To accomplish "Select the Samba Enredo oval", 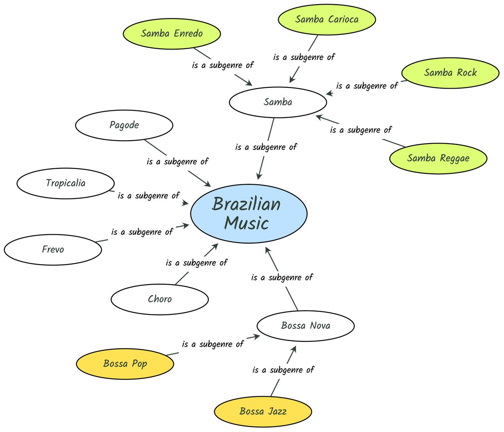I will coord(171,34).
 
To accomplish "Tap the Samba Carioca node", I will coord(326,19).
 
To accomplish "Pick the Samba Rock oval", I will coord(450,73).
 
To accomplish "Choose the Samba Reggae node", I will coord(438,158).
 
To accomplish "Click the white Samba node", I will coord(278,102).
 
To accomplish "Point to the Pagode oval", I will coord(124,125).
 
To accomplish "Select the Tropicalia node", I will coord(66,183).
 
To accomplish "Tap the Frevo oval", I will coord(53,249).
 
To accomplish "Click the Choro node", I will coord(160,299).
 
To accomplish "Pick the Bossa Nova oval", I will coord(305,326).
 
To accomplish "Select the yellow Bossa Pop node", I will coord(125,364).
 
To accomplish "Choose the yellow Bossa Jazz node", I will coord(263,411).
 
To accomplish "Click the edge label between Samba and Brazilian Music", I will coord(266,147).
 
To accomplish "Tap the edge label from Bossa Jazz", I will coord(283,370).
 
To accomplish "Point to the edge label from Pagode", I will coord(177,162).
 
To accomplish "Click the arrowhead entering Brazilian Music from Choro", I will coord(215,246).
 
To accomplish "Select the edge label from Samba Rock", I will coord(367,86).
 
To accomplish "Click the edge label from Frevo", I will coord(142,232).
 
